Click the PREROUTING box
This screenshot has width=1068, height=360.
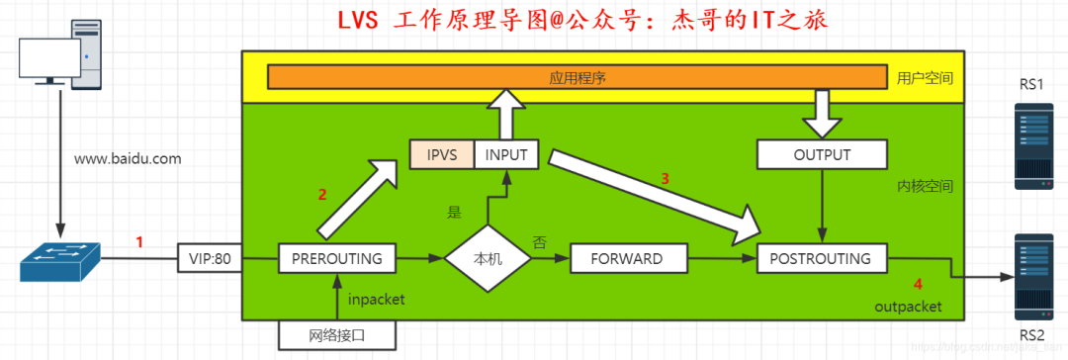[337, 259]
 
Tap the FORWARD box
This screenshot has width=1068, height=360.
[626, 259]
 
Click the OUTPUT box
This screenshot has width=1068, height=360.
[822, 155]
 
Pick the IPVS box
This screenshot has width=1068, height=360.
[441, 155]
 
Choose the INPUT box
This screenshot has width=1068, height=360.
[507, 155]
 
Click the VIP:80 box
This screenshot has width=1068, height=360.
[210, 259]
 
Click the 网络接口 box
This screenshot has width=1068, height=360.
[337, 335]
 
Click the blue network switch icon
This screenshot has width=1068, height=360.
[59, 259]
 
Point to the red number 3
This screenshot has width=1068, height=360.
[666, 179]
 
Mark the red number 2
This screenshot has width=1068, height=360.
[321, 195]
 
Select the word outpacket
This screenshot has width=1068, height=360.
[908, 308]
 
